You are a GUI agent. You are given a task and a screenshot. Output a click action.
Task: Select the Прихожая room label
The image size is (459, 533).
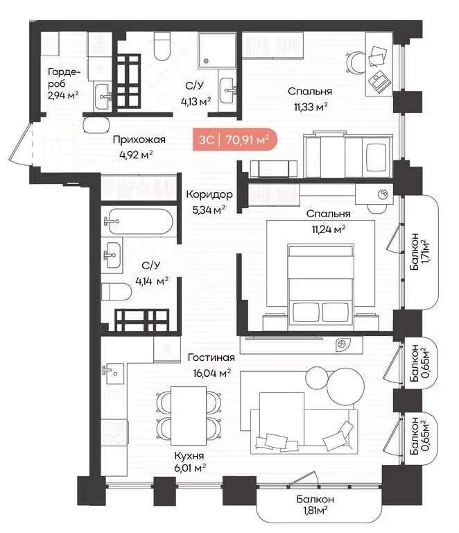pyautogui.click(x=140, y=139)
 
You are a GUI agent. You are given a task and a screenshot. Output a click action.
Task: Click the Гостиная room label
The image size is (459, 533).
pyautogui.click(x=211, y=358)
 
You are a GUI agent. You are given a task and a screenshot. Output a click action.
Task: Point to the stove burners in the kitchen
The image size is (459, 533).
pyautogui.click(x=112, y=433)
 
